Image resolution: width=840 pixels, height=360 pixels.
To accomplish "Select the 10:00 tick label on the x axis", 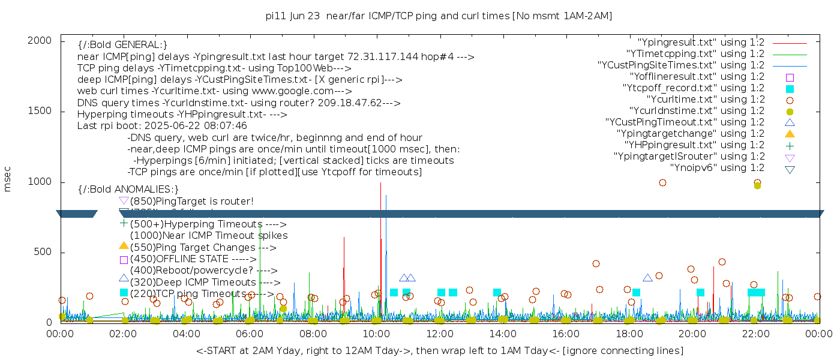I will pos(376,334).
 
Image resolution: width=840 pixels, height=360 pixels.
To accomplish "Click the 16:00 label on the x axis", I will pos(566,334).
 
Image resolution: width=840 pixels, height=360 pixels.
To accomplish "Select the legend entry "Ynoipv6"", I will pos(716,168).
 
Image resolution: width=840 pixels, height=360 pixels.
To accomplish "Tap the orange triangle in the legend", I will pos(790,133).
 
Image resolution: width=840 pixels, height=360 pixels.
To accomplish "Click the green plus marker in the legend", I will pos(790,145).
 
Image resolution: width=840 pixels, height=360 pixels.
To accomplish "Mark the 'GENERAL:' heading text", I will pos(122,45).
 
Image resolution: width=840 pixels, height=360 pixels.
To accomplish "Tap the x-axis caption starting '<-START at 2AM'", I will pos(439,350).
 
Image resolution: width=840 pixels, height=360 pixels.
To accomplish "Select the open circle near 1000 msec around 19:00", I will pos(662,183).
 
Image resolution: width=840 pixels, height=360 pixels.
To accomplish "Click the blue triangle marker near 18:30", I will pos(647,278).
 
